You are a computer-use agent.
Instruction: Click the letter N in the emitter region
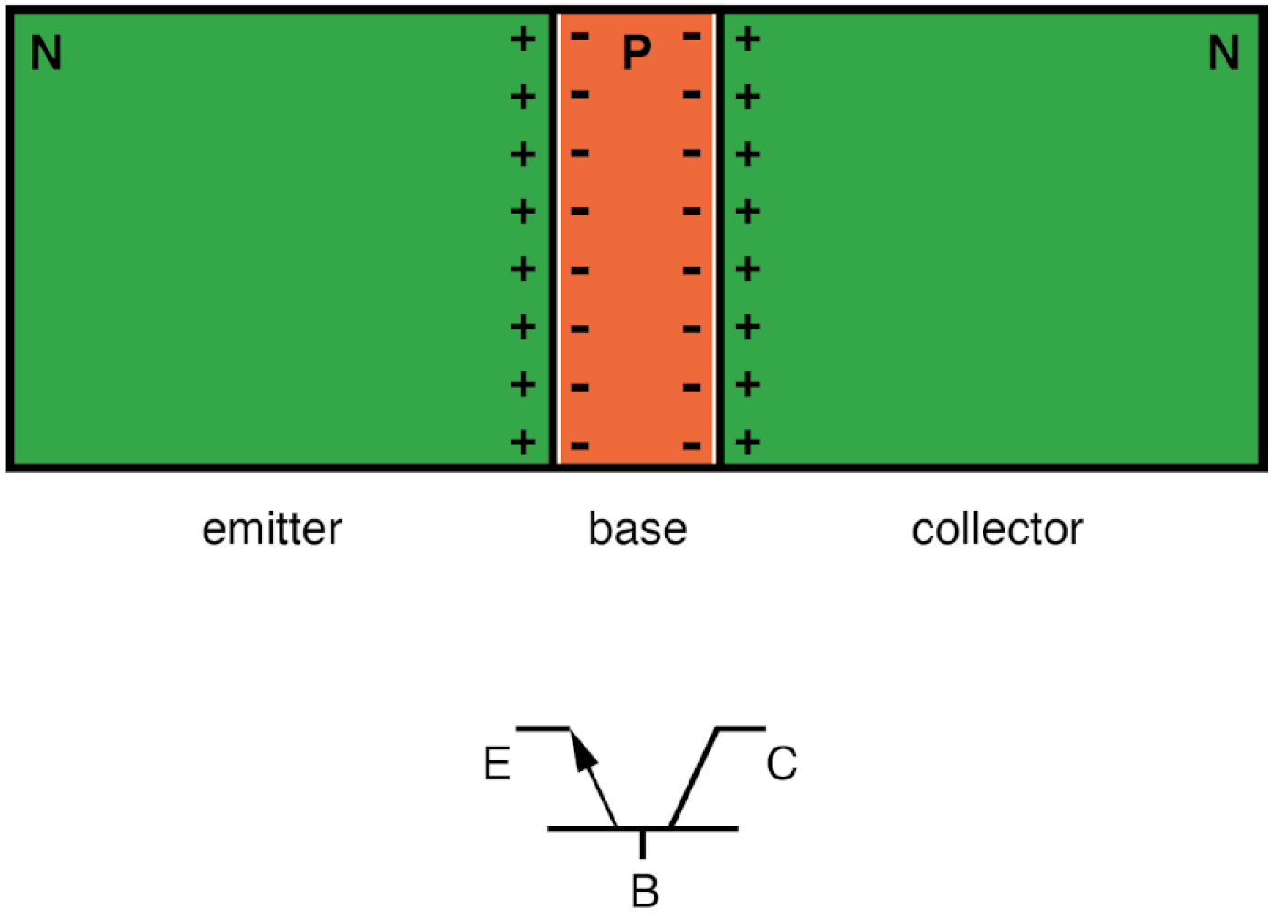pos(47,53)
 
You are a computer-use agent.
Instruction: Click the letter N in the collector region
pos(1224,53)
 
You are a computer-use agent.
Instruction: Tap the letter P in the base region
pos(636,53)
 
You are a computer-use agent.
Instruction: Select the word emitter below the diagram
pos(272,529)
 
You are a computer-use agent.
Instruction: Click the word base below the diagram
pos(637,529)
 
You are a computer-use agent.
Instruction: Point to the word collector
pos(997,529)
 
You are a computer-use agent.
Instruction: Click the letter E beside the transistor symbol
pos(497,764)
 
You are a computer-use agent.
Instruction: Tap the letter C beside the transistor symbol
pos(782,764)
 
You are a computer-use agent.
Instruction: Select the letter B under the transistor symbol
pos(645,892)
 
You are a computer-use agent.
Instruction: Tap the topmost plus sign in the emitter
pos(522,38)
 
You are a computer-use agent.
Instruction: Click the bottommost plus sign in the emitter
pos(522,443)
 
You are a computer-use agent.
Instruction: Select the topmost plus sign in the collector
pos(748,38)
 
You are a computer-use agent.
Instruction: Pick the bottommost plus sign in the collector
pos(748,443)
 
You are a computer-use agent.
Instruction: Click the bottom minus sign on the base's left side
pos(580,446)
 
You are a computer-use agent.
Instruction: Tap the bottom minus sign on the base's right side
pos(692,446)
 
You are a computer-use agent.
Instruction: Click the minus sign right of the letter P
pos(692,37)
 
